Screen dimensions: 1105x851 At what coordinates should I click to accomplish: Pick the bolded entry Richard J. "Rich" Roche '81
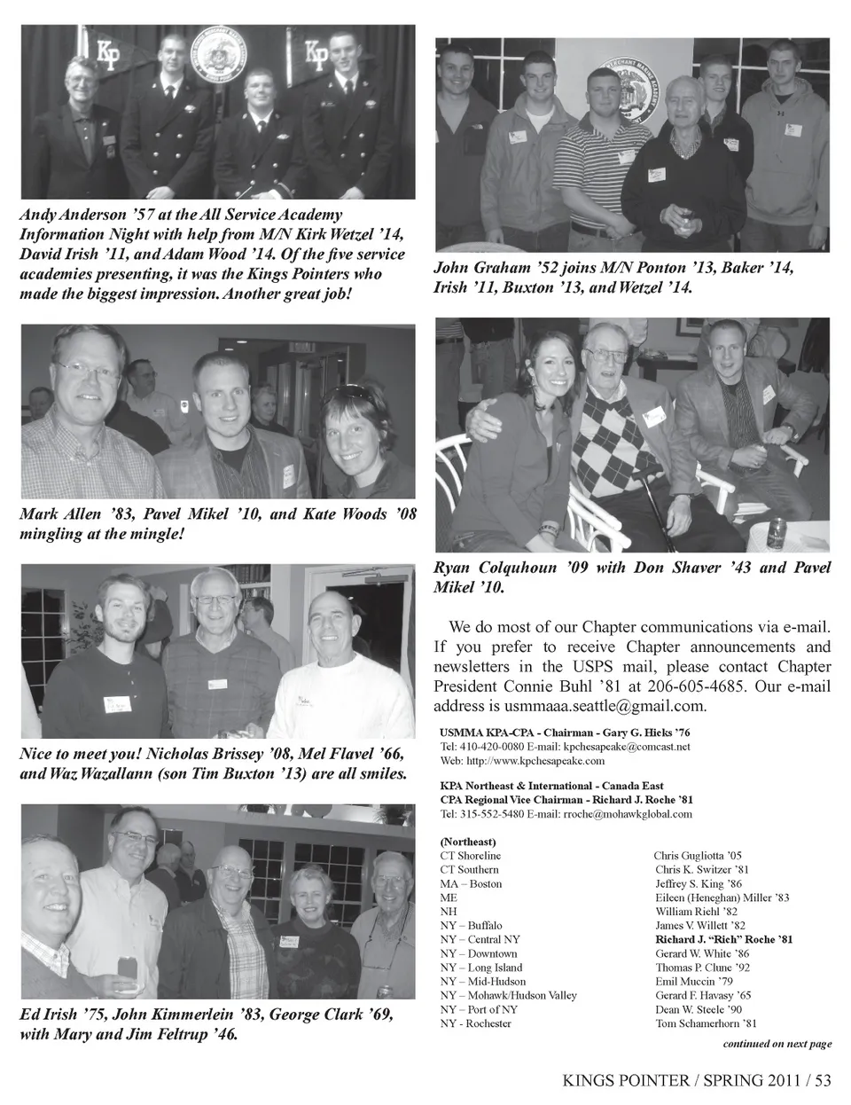click(723, 939)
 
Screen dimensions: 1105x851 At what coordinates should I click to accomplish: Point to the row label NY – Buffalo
click(471, 926)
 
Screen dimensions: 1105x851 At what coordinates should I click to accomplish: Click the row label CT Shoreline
click(470, 856)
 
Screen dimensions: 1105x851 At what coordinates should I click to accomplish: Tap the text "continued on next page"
click(777, 1044)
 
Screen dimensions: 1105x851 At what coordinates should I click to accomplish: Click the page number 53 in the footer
click(824, 1080)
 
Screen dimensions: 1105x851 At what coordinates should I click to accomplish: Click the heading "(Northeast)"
click(468, 842)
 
